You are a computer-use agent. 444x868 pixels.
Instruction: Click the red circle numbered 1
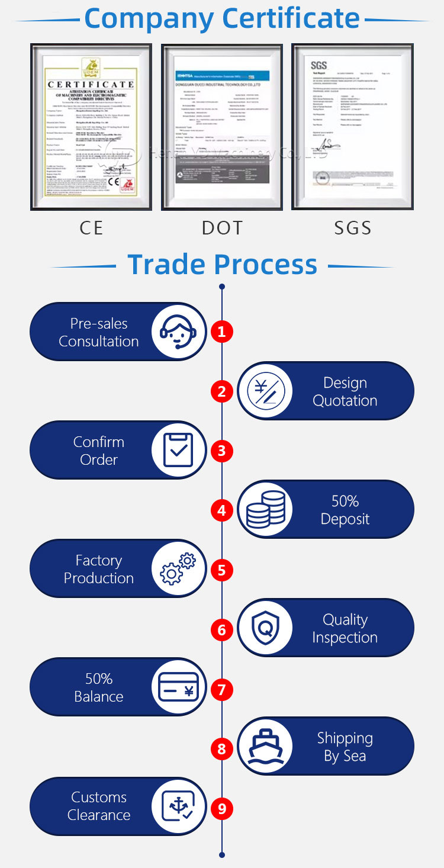[221, 332]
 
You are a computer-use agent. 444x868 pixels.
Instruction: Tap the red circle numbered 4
[221, 510]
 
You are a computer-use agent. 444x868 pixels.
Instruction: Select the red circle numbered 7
[221, 689]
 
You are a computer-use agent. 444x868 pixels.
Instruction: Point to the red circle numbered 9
[221, 809]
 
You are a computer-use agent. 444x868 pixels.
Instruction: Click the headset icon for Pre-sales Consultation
[178, 332]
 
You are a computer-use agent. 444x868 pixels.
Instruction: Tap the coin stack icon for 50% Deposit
[266, 510]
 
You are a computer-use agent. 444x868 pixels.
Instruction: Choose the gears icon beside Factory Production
[178, 569]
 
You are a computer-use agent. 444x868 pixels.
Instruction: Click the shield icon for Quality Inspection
[266, 628]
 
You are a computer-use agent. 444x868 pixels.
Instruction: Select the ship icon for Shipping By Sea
[266, 747]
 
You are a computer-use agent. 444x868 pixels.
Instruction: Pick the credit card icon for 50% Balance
[178, 687]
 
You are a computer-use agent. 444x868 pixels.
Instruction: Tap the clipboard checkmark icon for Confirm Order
[178, 451]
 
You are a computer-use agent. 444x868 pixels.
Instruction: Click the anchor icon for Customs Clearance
[178, 806]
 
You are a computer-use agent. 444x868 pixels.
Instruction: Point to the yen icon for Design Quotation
[266, 391]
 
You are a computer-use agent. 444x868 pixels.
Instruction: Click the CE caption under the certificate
[91, 228]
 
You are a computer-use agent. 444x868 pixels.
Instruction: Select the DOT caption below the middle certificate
[222, 228]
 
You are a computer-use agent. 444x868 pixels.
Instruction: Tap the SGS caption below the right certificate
[353, 228]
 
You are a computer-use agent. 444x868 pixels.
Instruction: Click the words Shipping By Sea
[345, 747]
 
